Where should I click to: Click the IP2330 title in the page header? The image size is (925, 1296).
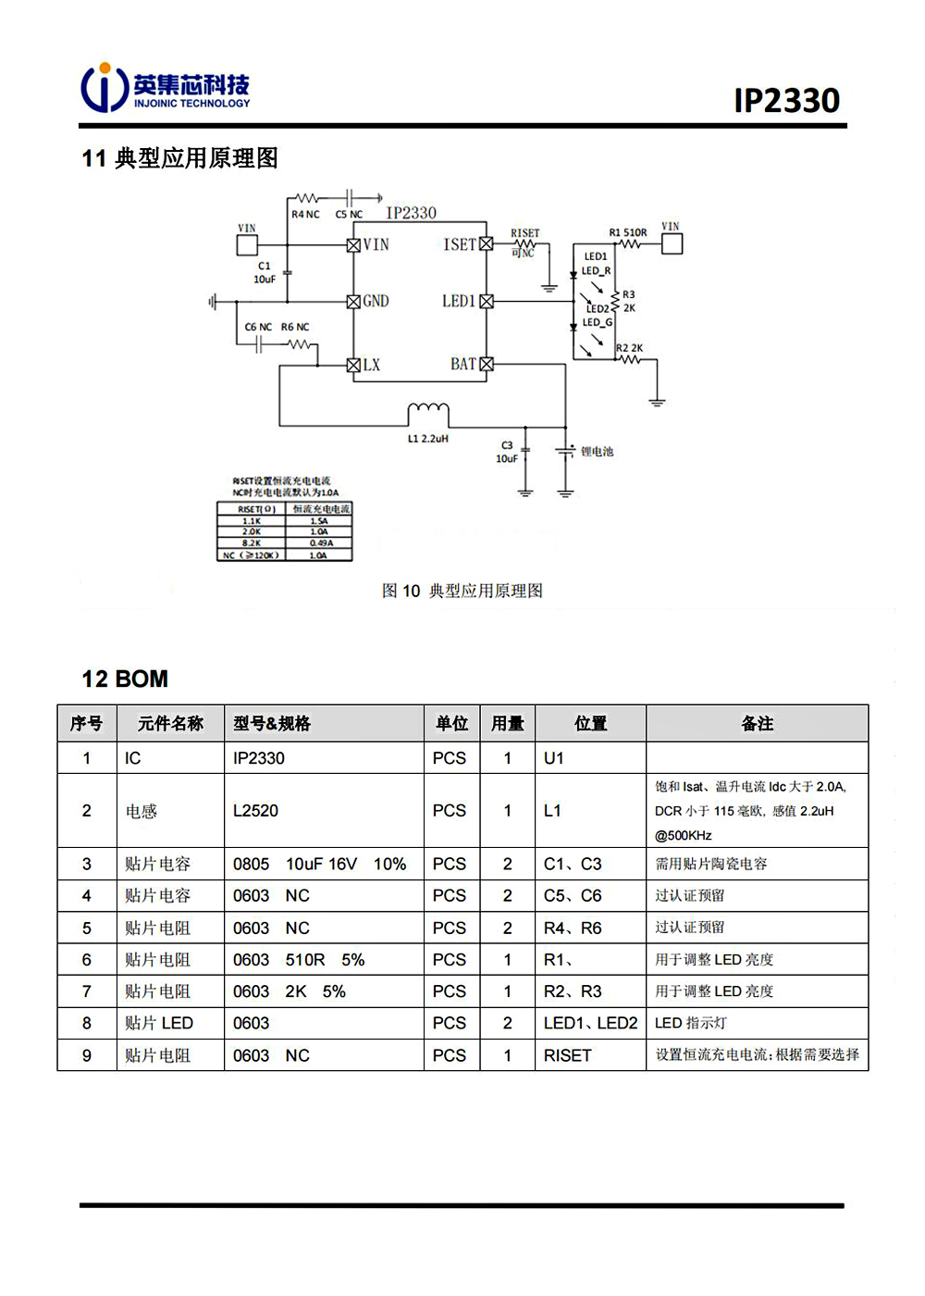pyautogui.click(x=786, y=100)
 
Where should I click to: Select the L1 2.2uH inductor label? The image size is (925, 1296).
pyautogui.click(x=427, y=439)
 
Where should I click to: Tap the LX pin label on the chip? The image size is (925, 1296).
pyautogui.click(x=371, y=365)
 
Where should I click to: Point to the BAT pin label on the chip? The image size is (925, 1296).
pyautogui.click(x=462, y=365)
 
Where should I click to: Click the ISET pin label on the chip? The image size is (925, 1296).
pyautogui.click(x=459, y=244)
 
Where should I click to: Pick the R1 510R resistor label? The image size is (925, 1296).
pyautogui.click(x=627, y=232)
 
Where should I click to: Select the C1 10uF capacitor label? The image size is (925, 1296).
pyautogui.click(x=265, y=272)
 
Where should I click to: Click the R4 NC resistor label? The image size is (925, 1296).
pyautogui.click(x=305, y=214)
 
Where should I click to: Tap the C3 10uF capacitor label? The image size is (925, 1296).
pyautogui.click(x=506, y=452)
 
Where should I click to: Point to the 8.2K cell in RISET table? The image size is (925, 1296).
pyautogui.click(x=251, y=543)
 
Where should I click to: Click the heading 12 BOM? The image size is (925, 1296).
pyautogui.click(x=125, y=679)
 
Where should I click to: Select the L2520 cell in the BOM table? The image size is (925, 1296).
pyautogui.click(x=255, y=811)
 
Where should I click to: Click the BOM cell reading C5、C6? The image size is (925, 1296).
pyautogui.click(x=573, y=895)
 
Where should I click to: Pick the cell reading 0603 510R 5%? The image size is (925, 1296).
pyautogui.click(x=299, y=960)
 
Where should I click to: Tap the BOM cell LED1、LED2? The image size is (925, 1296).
pyautogui.click(x=590, y=1023)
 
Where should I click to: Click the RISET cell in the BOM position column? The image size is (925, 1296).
pyautogui.click(x=567, y=1055)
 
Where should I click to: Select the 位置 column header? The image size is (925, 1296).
pyautogui.click(x=590, y=723)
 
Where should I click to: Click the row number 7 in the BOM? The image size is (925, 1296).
pyautogui.click(x=87, y=991)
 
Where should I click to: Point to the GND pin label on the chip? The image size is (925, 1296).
pyautogui.click(x=376, y=301)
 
